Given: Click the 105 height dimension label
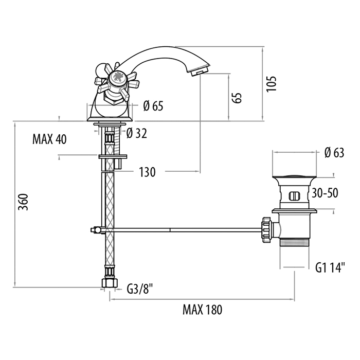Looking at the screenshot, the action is pos(272,83).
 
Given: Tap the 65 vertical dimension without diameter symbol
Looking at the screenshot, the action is pos(237,98).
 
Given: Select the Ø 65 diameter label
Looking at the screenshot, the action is pos(153,106).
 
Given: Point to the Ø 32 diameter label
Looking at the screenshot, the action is pos(137,133).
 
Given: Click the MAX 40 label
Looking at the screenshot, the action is pos(49,139).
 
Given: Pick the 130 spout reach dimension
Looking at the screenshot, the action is pos(147,172).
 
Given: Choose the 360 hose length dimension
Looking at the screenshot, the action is pos(23,202).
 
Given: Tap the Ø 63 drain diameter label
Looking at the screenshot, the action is pos(334,152).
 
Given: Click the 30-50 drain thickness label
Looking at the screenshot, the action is pos(325,193).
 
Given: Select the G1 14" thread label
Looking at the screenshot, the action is pos(330,267).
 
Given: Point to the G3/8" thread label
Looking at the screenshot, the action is pos(140,289).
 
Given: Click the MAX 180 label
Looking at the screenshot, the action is pos(202,310).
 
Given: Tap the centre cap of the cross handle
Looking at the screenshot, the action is pos(118,77).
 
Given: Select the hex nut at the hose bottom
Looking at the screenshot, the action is pos(110,283).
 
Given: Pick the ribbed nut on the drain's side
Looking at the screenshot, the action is pos(266,230).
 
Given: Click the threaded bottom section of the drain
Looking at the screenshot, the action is pos(294,242).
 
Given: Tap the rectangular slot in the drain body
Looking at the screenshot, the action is pos(294,196).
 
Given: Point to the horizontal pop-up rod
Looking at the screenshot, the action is pos(182,230).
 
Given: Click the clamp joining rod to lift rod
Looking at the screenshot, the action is pos(96,230).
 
